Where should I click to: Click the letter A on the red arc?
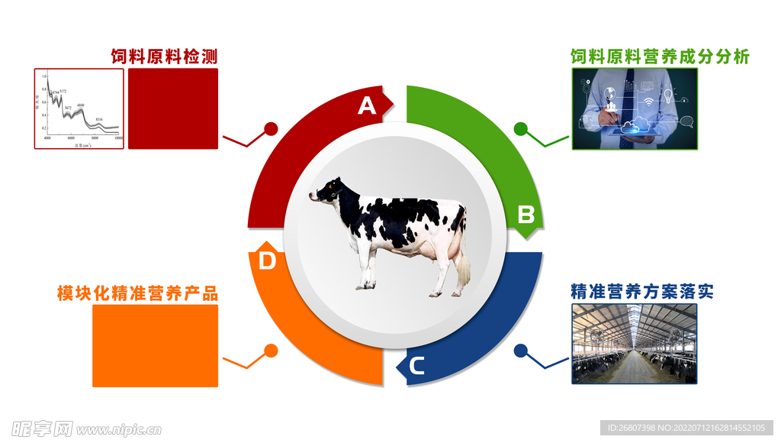[x=368, y=105]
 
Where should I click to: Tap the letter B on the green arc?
[x=526, y=215]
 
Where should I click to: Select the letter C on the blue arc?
[x=416, y=367]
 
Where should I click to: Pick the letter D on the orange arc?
[x=267, y=261]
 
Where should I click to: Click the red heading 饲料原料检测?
[x=164, y=57]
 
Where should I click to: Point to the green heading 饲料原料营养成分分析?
[x=660, y=57]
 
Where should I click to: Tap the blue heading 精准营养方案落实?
[x=641, y=292]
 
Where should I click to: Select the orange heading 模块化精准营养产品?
[x=137, y=293]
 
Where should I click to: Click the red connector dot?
[x=271, y=128]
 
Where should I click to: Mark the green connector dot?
[x=521, y=128]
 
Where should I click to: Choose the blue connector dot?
[x=521, y=351]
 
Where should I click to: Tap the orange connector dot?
[x=271, y=351]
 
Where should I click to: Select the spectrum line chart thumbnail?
[x=79, y=108]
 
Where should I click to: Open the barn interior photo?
[x=635, y=344]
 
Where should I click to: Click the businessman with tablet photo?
[x=635, y=108]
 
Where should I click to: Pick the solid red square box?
[x=173, y=108]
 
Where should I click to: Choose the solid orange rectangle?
[x=155, y=345]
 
